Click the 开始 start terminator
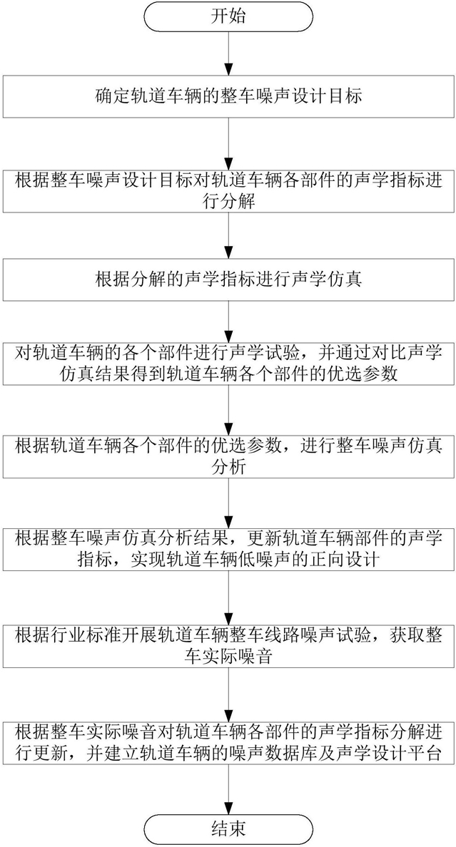tap(228, 16)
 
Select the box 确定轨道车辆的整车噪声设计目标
tap(228, 97)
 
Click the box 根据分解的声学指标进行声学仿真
tap(228, 280)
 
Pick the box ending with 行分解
tap(228, 191)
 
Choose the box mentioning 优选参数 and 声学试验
tap(228, 363)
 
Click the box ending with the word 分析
tap(228, 456)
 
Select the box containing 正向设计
tap(228, 549)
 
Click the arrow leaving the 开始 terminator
tap(228, 53)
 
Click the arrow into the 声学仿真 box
tap(228, 236)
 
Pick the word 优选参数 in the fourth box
tap(365, 374)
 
